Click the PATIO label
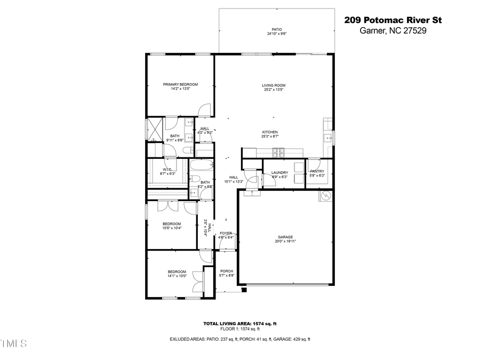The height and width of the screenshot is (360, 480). click(276, 30)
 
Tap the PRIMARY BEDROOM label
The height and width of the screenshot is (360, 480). click(180, 84)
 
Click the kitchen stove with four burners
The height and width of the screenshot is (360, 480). click(278, 151)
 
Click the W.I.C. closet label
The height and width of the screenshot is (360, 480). click(169, 170)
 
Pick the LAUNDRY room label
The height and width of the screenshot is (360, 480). click(279, 172)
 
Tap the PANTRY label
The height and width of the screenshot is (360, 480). click(317, 171)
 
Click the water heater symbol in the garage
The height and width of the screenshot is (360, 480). click(324, 197)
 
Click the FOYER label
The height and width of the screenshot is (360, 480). click(226, 233)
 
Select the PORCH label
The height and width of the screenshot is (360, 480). click(227, 271)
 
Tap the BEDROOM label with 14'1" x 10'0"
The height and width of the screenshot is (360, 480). click(177, 271)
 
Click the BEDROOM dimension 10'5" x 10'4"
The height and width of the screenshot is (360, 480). click(172, 228)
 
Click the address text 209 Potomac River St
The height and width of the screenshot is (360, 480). click(393, 20)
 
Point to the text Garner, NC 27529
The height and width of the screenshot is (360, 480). click(393, 31)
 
